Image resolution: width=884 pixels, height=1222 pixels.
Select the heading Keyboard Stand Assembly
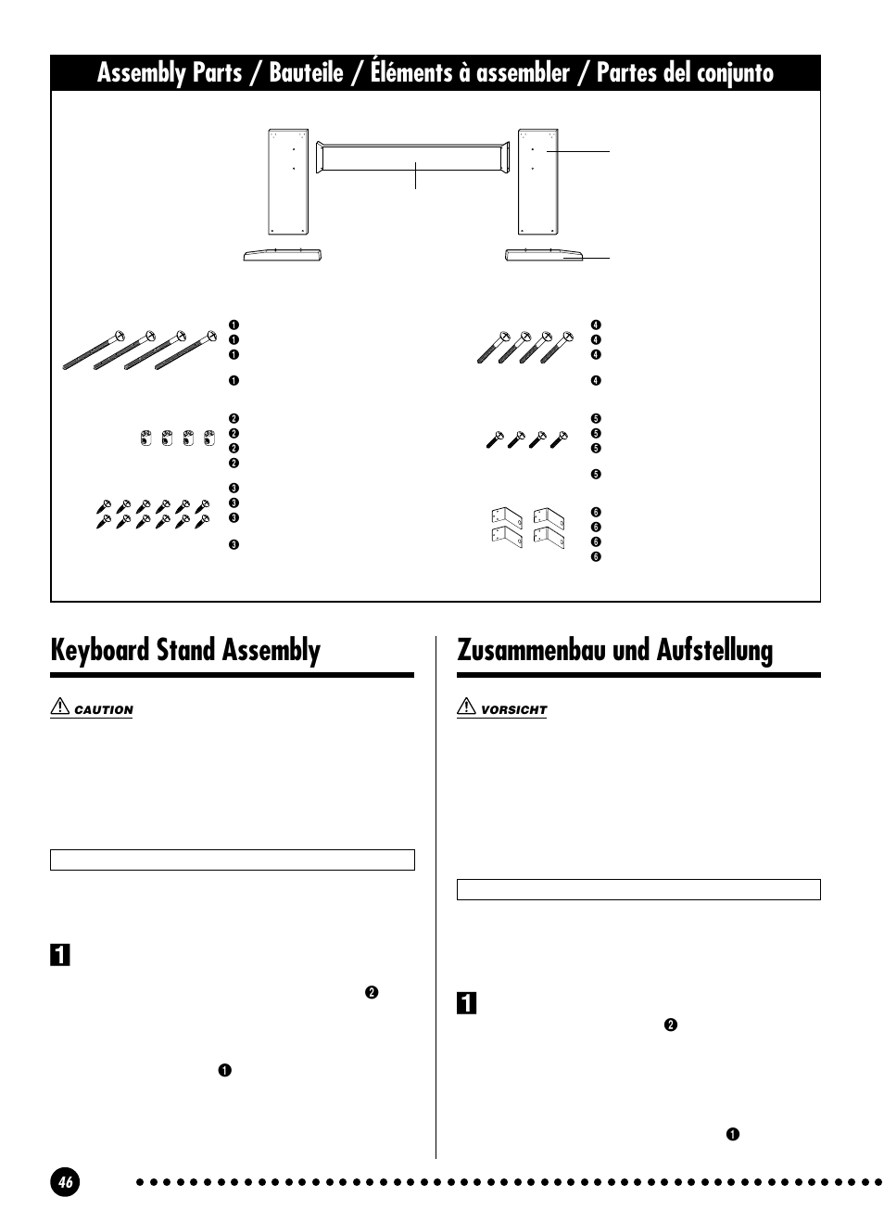185,651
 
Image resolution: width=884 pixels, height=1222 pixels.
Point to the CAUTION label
104,710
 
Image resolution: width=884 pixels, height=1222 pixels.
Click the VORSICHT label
513,710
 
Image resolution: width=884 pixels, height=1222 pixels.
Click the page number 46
66,1182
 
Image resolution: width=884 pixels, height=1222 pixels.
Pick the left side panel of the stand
286,181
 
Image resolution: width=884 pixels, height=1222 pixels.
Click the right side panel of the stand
537,181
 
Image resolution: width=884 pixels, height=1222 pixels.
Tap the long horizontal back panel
413,158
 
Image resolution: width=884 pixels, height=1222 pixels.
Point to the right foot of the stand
543,255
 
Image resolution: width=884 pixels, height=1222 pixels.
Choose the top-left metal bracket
506,516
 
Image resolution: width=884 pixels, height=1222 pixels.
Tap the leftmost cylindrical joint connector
145,438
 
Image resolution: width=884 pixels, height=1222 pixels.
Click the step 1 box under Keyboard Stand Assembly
59,954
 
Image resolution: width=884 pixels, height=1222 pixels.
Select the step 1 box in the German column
466,1002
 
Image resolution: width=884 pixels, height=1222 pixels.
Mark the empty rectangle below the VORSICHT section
638,890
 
